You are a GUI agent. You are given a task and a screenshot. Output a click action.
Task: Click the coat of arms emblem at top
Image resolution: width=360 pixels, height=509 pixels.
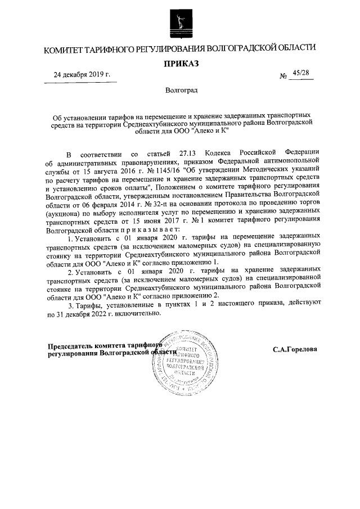[180, 21]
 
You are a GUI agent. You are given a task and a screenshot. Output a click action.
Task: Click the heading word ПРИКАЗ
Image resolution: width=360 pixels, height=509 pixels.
[181, 64]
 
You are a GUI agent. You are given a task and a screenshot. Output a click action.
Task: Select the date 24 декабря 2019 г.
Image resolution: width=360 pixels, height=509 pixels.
[82, 75]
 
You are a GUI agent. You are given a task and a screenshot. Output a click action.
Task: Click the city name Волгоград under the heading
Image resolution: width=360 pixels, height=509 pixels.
[181, 90]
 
